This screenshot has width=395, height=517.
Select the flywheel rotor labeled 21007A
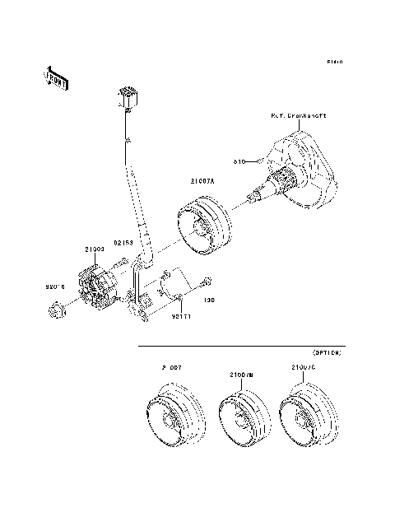click(203, 225)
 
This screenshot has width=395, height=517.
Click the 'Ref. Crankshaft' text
click(299, 116)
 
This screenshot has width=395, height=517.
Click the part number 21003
click(93, 249)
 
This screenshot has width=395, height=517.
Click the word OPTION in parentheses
click(327, 352)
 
